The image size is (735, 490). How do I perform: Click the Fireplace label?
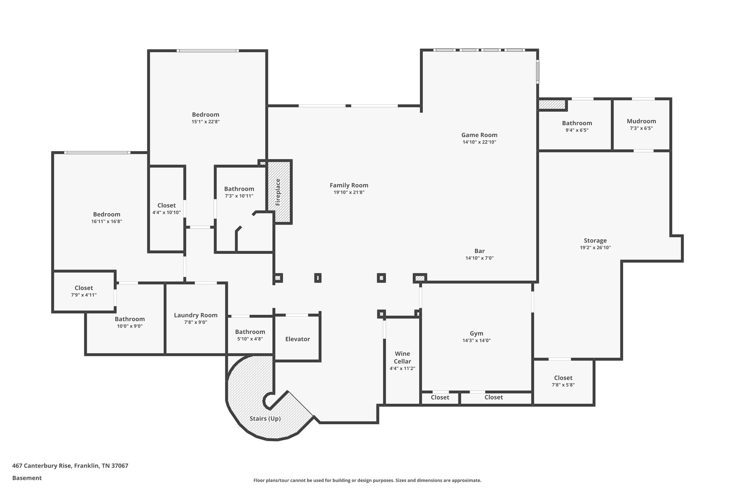click(x=278, y=192)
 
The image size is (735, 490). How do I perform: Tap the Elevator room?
click(x=297, y=339)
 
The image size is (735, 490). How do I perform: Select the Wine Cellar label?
click(x=402, y=358)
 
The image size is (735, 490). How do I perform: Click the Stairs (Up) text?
click(x=265, y=419)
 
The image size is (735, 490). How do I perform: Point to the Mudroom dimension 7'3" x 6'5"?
click(x=641, y=128)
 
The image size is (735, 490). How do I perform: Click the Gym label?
click(x=476, y=333)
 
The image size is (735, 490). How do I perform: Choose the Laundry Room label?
click(x=196, y=315)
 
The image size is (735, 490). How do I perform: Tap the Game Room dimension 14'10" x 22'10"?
click(x=479, y=142)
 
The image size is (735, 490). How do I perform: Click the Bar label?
click(x=479, y=251)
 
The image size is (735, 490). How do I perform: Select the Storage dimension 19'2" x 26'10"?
click(x=595, y=248)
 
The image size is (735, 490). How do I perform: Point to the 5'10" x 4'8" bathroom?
click(x=250, y=335)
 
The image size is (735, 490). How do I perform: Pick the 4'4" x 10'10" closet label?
click(x=167, y=205)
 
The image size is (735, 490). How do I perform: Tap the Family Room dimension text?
click(x=349, y=192)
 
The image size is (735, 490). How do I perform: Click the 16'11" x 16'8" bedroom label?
click(x=107, y=214)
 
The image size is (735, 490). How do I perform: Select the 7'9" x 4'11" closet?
click(x=84, y=291)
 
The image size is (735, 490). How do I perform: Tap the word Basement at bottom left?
click(x=27, y=478)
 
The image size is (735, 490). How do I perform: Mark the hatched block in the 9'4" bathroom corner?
click(x=552, y=104)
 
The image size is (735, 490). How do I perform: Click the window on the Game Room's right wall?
click(x=538, y=71)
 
